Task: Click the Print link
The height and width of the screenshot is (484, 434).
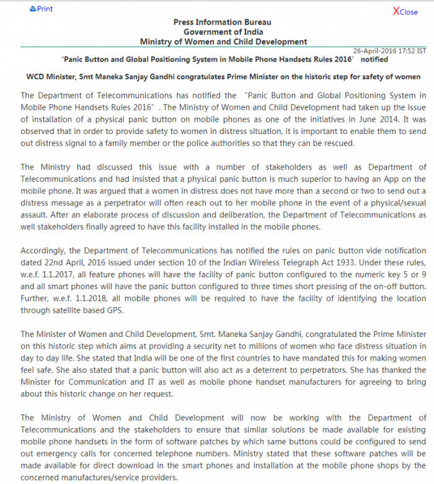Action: (x=42, y=9)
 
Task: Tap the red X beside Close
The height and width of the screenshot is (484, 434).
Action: (x=396, y=11)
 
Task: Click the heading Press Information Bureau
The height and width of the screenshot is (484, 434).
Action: (x=222, y=22)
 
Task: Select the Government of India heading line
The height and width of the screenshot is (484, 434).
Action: (x=223, y=32)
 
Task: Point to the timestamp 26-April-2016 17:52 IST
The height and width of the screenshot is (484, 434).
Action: (x=389, y=51)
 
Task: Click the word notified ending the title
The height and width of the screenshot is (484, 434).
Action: (x=374, y=60)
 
